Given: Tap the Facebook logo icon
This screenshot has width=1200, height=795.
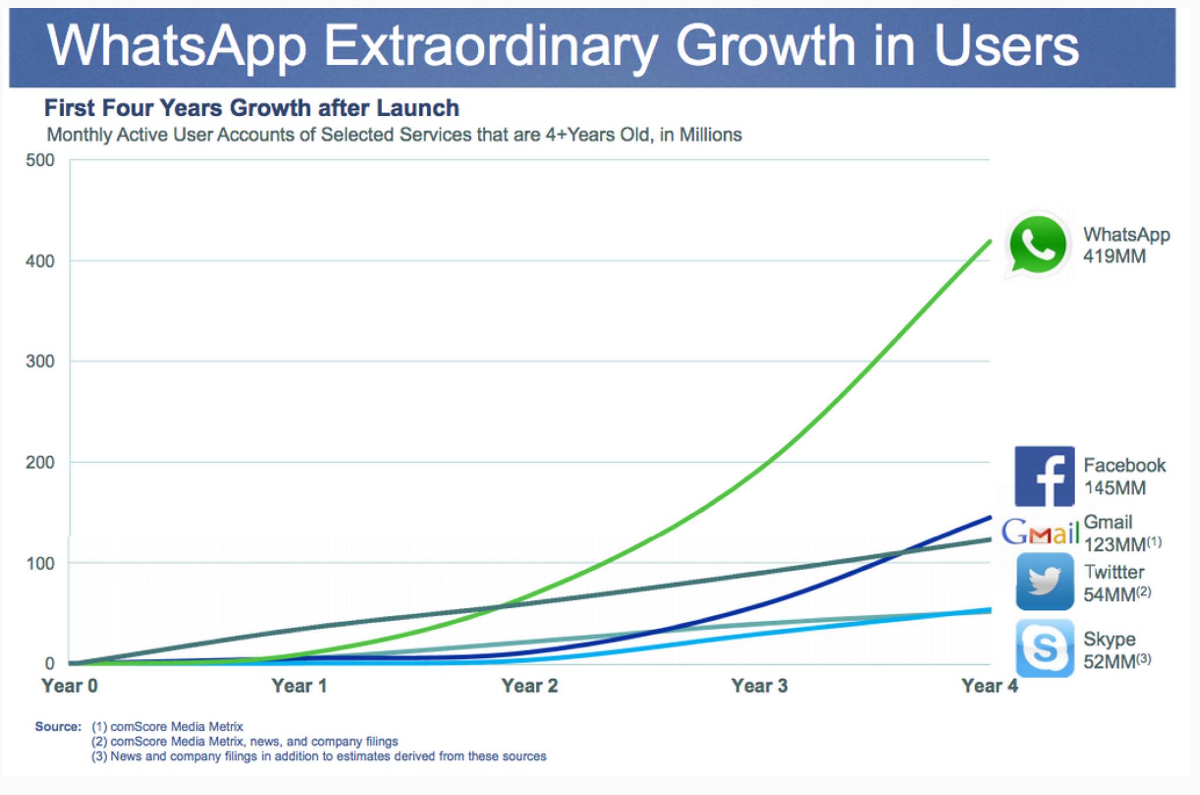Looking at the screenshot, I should coord(1044,476).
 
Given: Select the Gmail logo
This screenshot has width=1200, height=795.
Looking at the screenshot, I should coord(1040,532).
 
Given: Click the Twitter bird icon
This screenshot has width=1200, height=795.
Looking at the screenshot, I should coord(1044,582).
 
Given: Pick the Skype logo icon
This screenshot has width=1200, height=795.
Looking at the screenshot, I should coord(1044,648).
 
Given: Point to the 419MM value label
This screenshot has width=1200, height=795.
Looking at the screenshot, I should coord(1114,256).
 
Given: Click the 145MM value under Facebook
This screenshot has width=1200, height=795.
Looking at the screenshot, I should coord(1114,488).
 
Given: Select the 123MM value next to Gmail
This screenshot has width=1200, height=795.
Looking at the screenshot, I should coord(1115,545).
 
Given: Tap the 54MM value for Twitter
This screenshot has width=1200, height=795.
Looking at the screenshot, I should coord(1110,594).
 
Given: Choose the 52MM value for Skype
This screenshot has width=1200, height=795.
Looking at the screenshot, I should coord(1110,661).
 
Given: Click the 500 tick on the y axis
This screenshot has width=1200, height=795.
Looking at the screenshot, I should coord(40,160).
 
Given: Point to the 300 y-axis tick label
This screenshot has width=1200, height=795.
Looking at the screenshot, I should coord(40,361).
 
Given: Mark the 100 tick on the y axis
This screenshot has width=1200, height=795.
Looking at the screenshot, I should coord(40,563).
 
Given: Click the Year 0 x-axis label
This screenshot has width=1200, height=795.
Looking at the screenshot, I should coord(69,685).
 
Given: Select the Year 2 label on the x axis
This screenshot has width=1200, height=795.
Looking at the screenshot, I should coord(529,685).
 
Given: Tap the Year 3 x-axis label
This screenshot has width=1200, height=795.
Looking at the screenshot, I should coord(759,685).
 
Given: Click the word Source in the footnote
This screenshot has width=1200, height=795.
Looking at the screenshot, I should coord(57,727).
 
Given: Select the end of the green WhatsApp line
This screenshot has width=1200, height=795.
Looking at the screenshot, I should coord(990,242).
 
